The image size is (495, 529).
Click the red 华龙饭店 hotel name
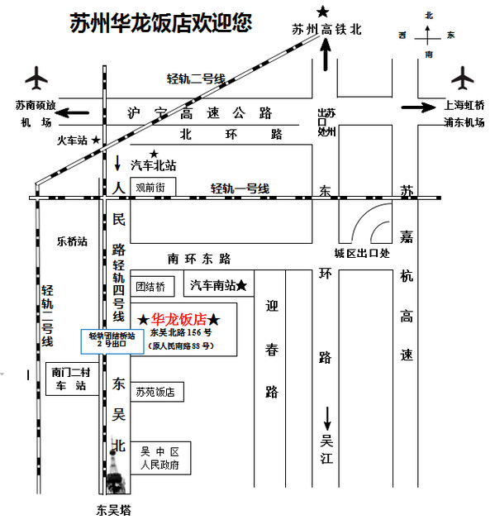(178, 319)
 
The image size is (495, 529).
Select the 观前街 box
(153, 187)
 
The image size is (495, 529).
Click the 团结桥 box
(152, 287)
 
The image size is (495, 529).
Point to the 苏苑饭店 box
(157, 392)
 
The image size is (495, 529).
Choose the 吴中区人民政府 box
(160, 458)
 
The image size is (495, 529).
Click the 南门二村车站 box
(72, 379)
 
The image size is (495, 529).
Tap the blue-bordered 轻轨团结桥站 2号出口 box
(112, 341)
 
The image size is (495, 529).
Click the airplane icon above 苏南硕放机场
(36, 79)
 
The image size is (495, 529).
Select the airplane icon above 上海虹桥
(463, 79)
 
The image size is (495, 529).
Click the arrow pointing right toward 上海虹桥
(418, 107)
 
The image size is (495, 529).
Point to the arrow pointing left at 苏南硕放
(73, 112)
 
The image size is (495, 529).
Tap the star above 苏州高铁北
(322, 12)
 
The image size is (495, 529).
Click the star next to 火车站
(96, 140)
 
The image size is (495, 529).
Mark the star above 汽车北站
(154, 155)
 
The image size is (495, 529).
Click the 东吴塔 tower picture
(116, 465)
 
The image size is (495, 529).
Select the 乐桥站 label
(72, 241)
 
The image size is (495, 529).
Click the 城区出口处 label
(362, 254)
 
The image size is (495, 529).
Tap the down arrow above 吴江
(327, 419)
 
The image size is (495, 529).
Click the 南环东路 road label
(199, 259)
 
